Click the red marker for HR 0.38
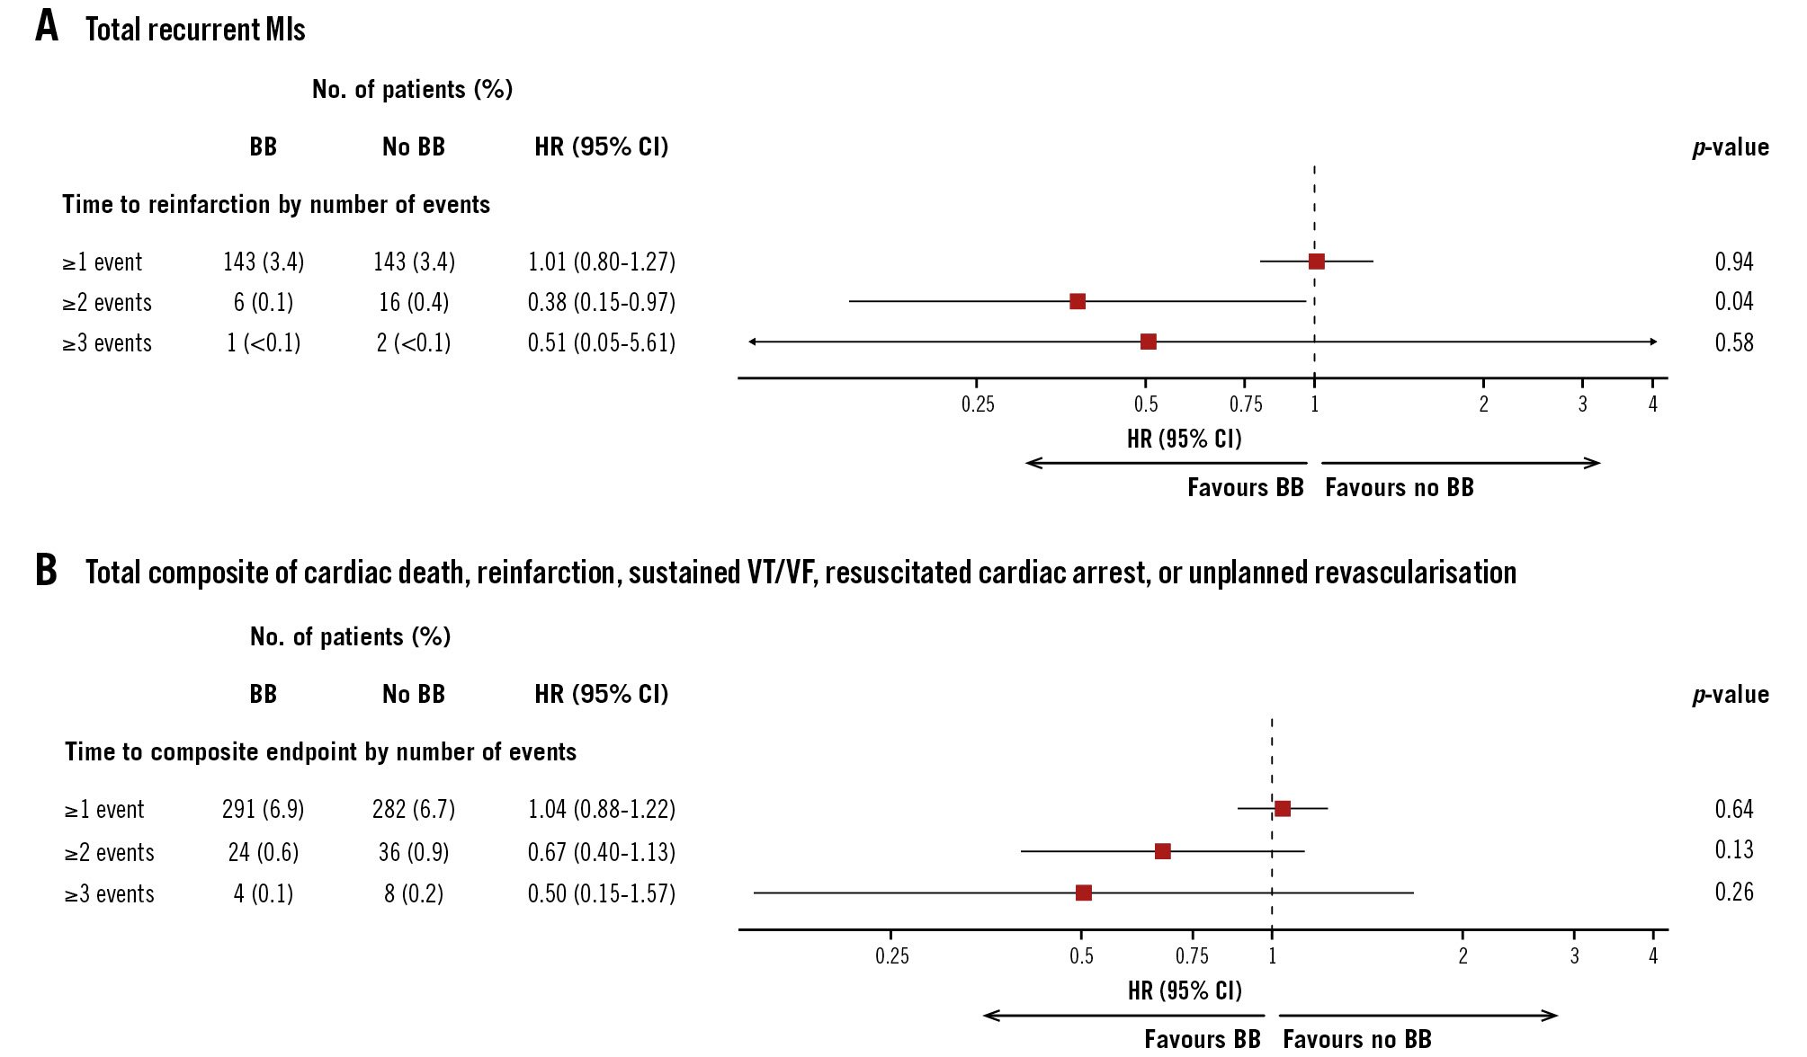tap(1078, 301)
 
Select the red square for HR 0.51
tap(1149, 342)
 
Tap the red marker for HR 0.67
tap(1162, 851)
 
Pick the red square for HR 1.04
tap(1283, 809)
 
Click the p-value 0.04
tap(1733, 301)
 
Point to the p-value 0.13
tap(1733, 849)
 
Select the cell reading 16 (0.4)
tap(414, 302)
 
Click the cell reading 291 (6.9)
tap(263, 809)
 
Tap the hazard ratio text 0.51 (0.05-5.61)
tap(601, 342)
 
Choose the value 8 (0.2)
tap(414, 893)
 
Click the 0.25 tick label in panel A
tap(978, 404)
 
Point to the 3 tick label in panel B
tap(1574, 956)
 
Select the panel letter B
tap(46, 570)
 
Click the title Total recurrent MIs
tap(195, 30)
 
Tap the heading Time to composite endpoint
tap(320, 751)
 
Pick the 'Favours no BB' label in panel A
tap(1399, 487)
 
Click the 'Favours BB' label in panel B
tap(1202, 1039)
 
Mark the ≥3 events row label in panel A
tap(107, 342)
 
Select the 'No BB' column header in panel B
tap(414, 694)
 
